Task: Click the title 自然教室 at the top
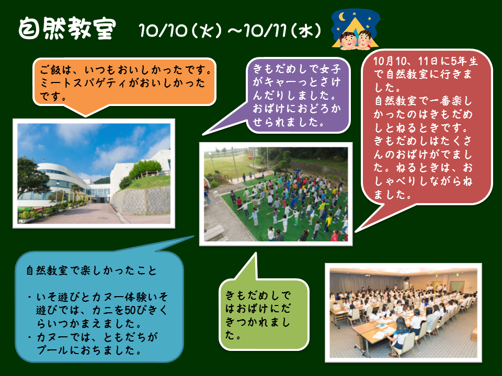(x=67, y=28)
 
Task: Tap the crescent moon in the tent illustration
(x=342, y=16)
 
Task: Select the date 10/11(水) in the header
(x=282, y=31)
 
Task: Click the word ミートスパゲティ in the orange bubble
(x=84, y=83)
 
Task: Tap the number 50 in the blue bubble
(x=131, y=310)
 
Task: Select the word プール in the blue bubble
(x=53, y=350)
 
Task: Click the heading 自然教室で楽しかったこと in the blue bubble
(x=91, y=271)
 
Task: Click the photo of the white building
(x=94, y=173)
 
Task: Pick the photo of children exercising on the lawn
(x=276, y=194)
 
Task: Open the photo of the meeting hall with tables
(x=403, y=313)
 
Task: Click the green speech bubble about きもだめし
(x=264, y=314)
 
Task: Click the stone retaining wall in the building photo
(x=141, y=201)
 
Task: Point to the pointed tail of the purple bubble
(x=203, y=135)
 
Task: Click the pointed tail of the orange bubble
(x=85, y=116)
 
